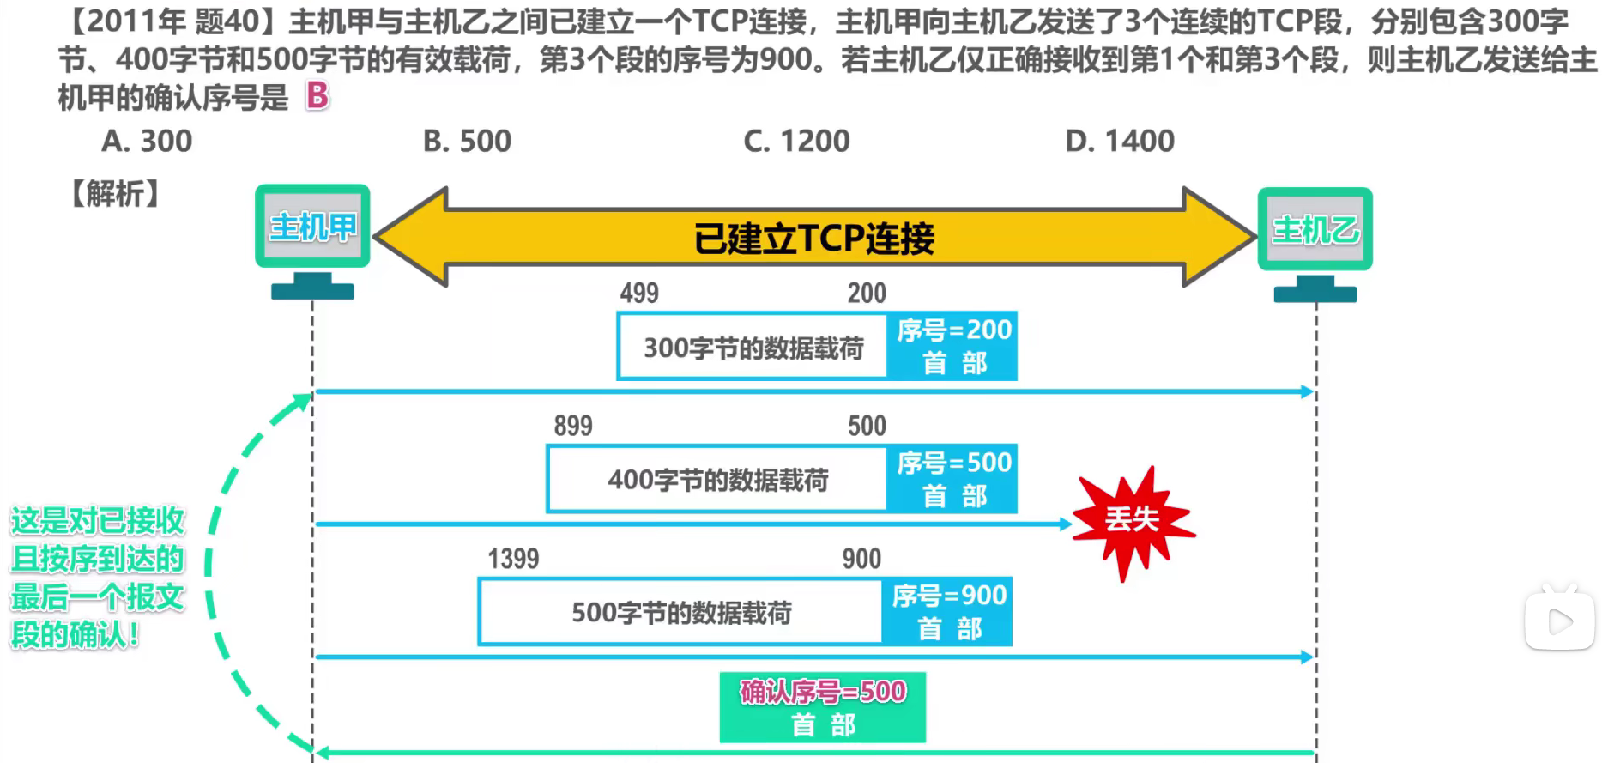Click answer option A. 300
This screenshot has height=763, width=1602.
coord(147,141)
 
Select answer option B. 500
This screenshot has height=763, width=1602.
coord(467,141)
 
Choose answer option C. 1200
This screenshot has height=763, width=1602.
coord(796,141)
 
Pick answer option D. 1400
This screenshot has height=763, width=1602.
coord(1120,141)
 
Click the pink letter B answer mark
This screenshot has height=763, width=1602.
coord(317,95)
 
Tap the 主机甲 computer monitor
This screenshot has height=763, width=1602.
coord(312,227)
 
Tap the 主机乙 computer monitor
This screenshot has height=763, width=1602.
coord(1315,229)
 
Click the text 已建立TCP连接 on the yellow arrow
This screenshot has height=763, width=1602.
coord(813,238)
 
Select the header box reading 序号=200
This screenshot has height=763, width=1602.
coord(952,346)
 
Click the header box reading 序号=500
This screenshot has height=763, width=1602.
coord(952,479)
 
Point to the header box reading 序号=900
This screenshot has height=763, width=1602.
coord(948,612)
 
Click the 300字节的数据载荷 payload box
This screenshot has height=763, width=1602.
coord(753,348)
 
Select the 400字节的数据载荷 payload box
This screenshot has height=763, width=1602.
coord(717,480)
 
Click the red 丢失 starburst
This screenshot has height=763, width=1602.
coord(1132,520)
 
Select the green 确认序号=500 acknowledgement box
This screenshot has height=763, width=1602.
coord(822,707)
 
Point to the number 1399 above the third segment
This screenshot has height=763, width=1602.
coord(513,559)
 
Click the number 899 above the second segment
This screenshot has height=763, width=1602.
coord(573,426)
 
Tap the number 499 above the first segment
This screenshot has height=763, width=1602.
coord(639,294)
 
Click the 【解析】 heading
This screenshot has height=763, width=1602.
coord(115,194)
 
